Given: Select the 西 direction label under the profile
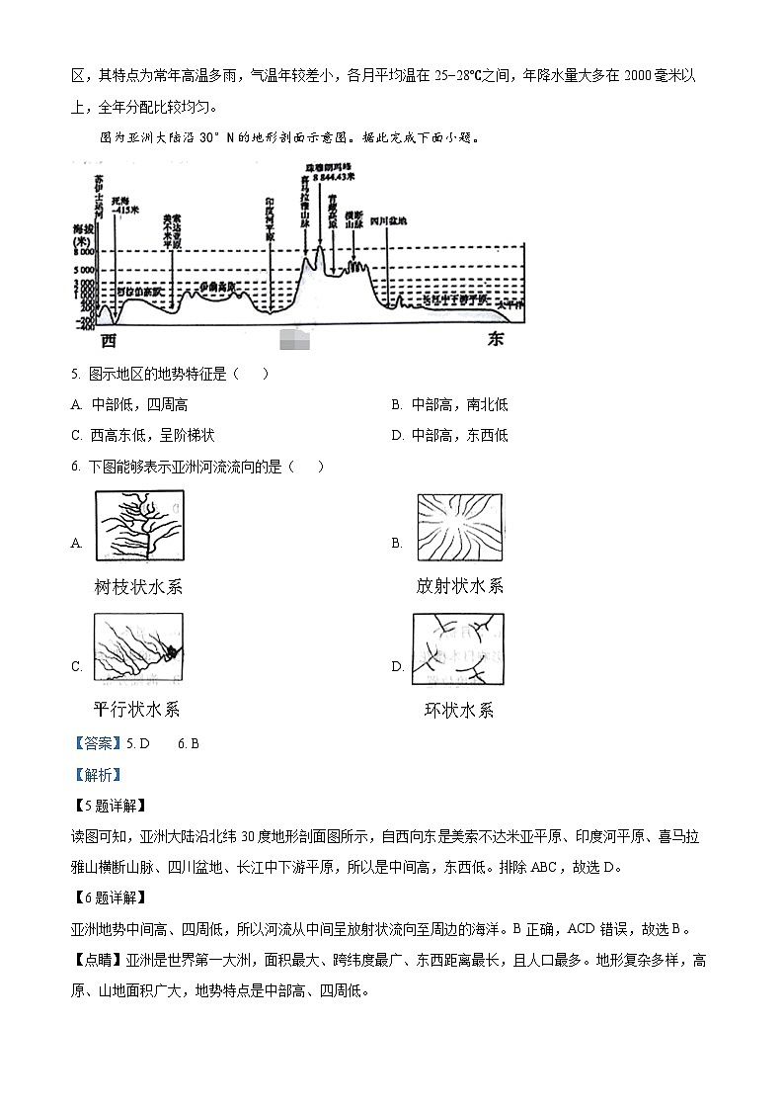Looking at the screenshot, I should click(x=109, y=340).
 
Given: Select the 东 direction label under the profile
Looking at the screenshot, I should click(x=495, y=340).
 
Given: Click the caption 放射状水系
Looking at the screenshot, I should click(x=459, y=586).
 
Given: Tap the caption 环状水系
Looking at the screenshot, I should click(x=458, y=710).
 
